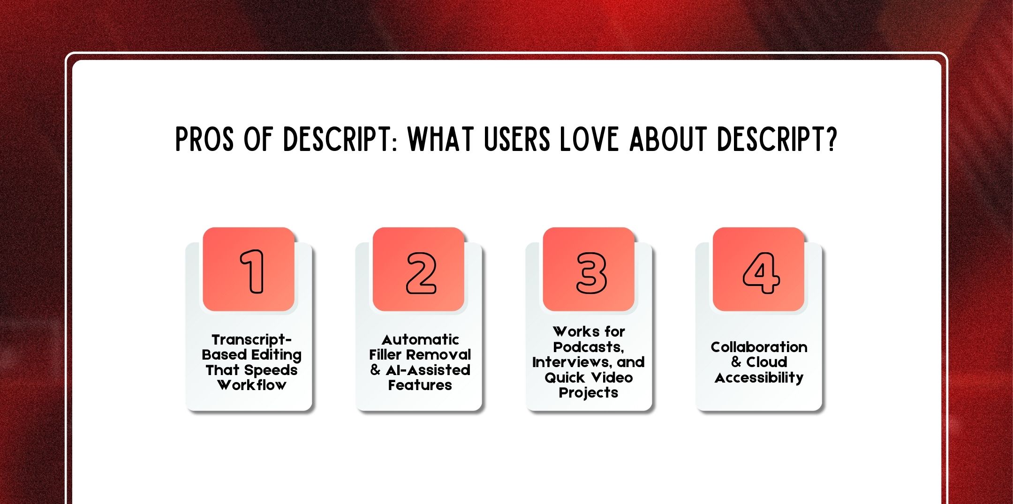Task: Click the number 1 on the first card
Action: (x=252, y=271)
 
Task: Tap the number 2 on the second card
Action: (x=421, y=273)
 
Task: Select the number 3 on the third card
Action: (x=591, y=273)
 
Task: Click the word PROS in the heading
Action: (x=204, y=139)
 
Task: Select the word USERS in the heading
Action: (x=517, y=139)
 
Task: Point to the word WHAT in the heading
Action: (x=440, y=139)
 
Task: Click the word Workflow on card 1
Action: (x=252, y=385)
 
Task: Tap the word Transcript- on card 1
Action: (x=252, y=339)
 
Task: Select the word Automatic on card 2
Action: (x=420, y=339)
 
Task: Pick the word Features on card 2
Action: (x=420, y=385)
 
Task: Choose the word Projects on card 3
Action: (x=589, y=393)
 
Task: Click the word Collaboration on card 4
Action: (x=759, y=347)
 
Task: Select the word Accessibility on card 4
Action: (x=759, y=378)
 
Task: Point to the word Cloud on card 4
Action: (x=767, y=362)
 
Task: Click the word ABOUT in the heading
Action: (x=668, y=139)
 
